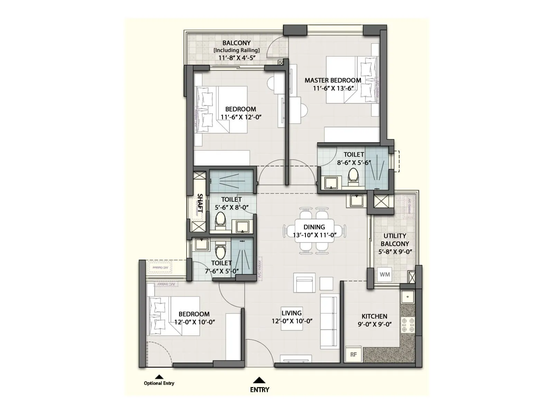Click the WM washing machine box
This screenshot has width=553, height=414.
[x=385, y=275]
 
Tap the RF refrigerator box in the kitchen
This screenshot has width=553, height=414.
[x=353, y=354]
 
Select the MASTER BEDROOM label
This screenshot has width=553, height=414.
[x=333, y=80]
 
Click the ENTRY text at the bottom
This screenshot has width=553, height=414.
[x=260, y=390]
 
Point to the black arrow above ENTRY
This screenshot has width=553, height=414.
[x=259, y=380]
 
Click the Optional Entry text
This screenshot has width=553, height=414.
[x=159, y=383]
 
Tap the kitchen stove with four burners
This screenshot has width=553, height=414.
[x=407, y=325]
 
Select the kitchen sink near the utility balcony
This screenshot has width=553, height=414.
[x=407, y=296]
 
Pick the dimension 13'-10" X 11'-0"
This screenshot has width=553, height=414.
[x=315, y=235]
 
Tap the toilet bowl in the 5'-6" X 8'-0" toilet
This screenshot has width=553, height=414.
[x=220, y=220]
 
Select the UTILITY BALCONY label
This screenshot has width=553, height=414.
[x=395, y=240]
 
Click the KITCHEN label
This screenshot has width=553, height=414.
[x=374, y=316]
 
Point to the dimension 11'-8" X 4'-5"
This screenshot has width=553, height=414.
[x=237, y=58]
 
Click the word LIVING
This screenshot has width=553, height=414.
[x=291, y=313]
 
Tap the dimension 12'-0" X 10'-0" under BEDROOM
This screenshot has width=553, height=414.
[x=195, y=322]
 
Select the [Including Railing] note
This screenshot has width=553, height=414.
[x=236, y=50]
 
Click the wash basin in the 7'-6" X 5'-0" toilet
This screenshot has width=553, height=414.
[x=201, y=244]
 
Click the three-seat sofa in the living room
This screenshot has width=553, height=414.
[x=329, y=322]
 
